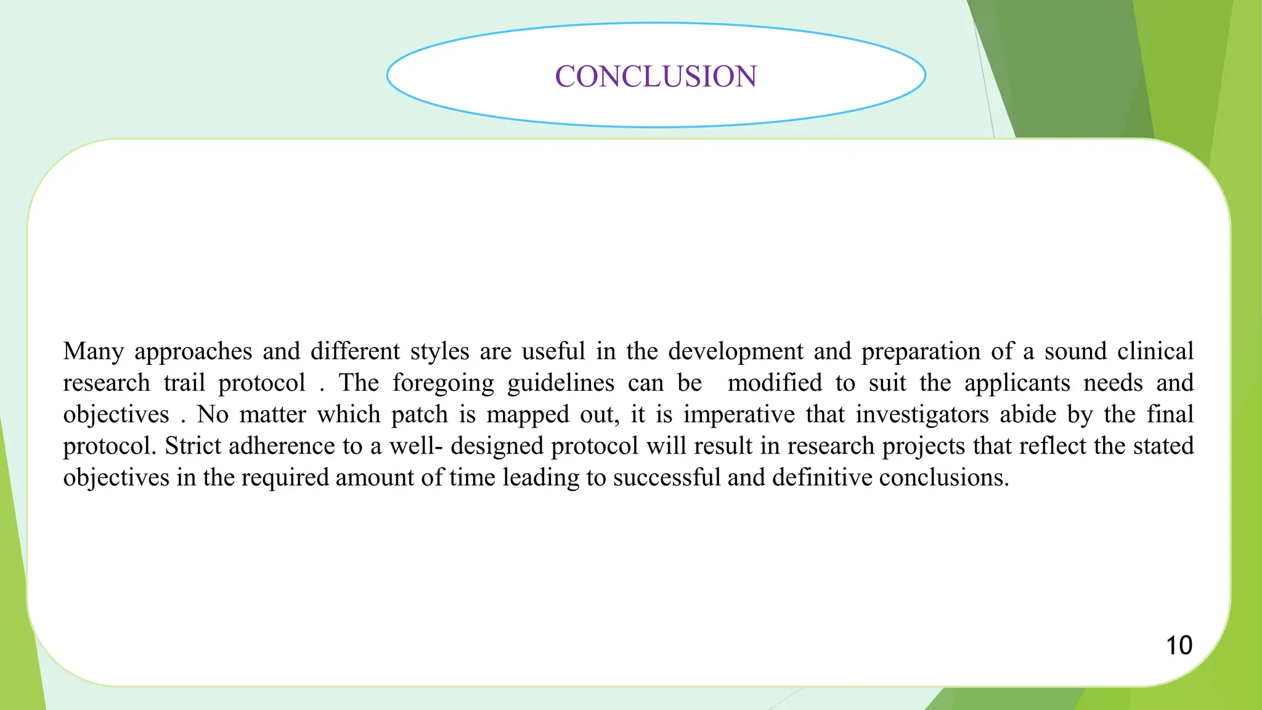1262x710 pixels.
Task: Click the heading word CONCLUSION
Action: (656, 76)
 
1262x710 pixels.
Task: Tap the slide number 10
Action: (1179, 645)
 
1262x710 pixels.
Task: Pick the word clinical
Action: (1155, 351)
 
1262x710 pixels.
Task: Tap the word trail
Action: (184, 383)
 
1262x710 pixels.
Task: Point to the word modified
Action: (775, 383)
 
